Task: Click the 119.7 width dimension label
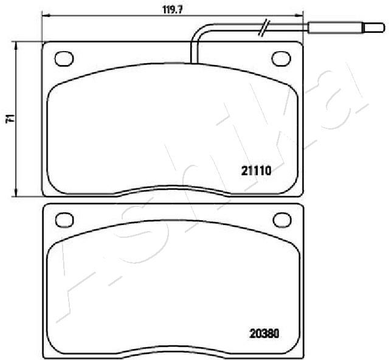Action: point(173,10)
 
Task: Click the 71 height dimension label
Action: point(10,119)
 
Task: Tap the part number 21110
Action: point(256,170)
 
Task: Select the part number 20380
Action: point(264,333)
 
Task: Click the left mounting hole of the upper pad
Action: point(64,59)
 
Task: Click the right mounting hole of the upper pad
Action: point(281,59)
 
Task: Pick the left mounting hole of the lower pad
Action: point(64,220)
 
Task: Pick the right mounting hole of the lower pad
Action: point(282,220)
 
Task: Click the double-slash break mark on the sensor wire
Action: point(263,28)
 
